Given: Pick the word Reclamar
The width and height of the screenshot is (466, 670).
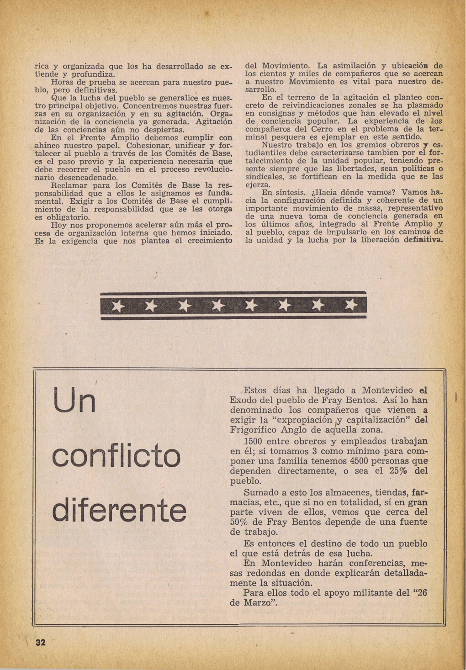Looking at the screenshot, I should (69, 185).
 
